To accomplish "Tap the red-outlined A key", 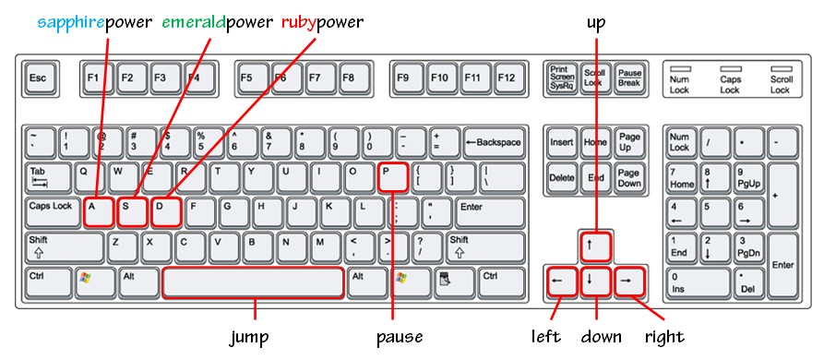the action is point(99,213).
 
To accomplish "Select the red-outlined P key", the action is point(392,177).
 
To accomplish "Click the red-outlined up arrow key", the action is point(596,246).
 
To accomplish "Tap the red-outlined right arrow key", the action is point(629,282).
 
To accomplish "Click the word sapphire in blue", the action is point(71,22).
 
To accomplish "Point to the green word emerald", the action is point(194,22).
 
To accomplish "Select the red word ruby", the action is point(298,24).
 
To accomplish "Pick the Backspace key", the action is point(494,143).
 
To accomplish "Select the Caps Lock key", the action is point(53,213).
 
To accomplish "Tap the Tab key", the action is point(48,177).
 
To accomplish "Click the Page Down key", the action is point(629,177).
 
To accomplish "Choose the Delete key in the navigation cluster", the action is point(562,177).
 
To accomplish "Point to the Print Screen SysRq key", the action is point(561,78).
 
